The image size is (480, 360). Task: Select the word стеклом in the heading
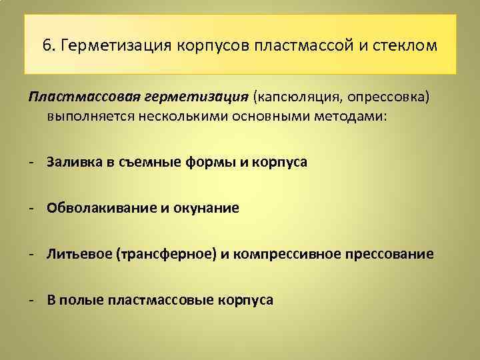(407, 46)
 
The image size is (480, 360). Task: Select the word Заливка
(73, 162)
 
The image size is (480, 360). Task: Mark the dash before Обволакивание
(31, 208)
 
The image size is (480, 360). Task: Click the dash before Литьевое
(31, 254)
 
